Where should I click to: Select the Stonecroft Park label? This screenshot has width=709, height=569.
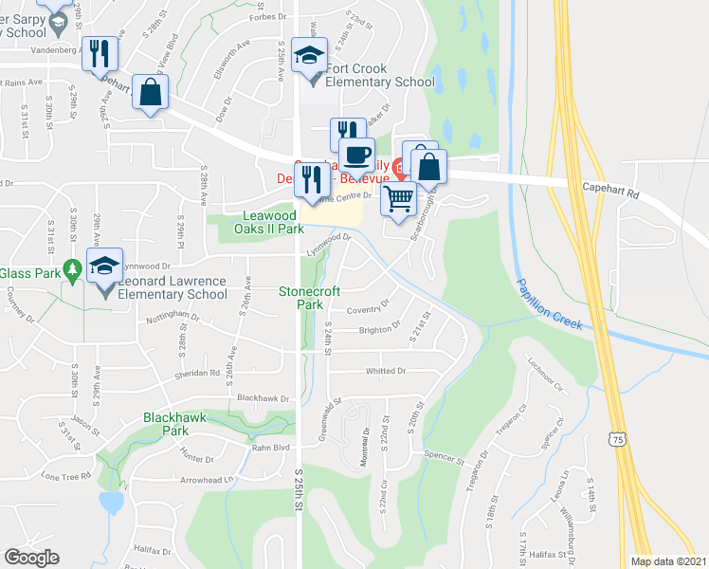click(310, 299)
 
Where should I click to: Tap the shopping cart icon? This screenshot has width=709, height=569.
click(399, 198)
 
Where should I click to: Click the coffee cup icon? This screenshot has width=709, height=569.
click(356, 155)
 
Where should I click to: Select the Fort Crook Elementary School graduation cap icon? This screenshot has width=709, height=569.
click(310, 55)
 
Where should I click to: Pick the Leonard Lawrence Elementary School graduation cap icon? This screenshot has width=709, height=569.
click(105, 266)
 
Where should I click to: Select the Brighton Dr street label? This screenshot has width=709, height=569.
click(377, 330)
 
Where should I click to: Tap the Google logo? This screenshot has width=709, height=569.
click(31, 558)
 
